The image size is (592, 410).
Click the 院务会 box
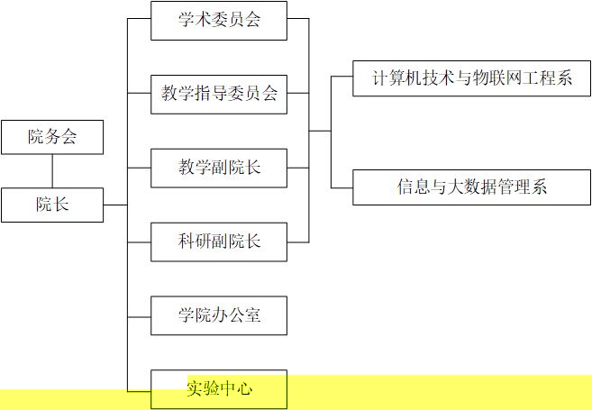[x=52, y=137]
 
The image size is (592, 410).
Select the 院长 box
[x=52, y=205]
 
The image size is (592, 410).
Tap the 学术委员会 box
[x=219, y=21]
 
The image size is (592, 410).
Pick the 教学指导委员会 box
[x=219, y=95]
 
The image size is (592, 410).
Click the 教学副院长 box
[x=219, y=168]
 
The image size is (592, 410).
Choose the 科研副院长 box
[x=219, y=242]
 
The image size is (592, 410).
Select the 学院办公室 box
[x=219, y=315]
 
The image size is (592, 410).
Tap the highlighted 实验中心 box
[x=219, y=389]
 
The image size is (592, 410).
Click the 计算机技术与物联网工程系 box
[x=471, y=78]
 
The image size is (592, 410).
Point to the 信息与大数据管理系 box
[x=471, y=187]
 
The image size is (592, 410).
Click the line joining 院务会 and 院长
[x=52, y=171]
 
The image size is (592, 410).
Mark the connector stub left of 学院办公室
[x=139, y=317]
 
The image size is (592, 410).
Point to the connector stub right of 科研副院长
[x=298, y=242]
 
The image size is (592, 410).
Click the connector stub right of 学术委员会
[x=298, y=19]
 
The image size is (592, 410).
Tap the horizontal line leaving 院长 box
[x=115, y=205]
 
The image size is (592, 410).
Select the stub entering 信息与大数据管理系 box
[x=342, y=187]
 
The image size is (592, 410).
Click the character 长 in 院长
[x=60, y=205]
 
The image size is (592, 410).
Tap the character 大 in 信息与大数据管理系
[x=455, y=187]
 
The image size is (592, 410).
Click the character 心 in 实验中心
[x=244, y=388]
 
